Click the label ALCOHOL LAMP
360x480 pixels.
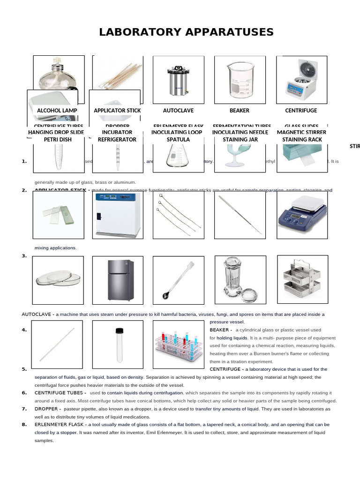57,111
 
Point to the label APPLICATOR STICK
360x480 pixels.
117,111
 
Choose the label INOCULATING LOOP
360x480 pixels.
177,132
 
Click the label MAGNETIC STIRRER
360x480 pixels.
301,132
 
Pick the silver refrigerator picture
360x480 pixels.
117,279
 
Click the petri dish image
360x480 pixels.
57,279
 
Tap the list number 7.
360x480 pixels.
24,409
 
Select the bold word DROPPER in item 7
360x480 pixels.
46,409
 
